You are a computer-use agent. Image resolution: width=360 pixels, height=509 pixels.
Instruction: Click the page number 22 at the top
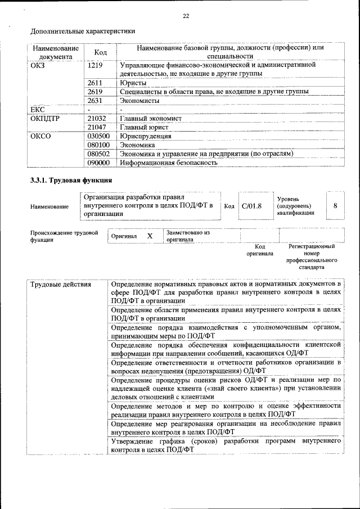pyautogui.click(x=186, y=16)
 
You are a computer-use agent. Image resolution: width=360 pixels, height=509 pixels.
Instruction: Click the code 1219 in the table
pyautogui.click(x=96, y=65)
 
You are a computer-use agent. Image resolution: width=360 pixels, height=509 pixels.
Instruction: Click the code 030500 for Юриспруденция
pyautogui.click(x=99, y=136)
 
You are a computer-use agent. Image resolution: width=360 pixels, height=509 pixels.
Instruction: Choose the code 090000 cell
pyautogui.click(x=99, y=163)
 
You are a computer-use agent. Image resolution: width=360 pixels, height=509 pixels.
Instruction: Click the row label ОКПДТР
pyautogui.click(x=45, y=118)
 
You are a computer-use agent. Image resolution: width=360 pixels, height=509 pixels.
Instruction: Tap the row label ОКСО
pyautogui.click(x=40, y=136)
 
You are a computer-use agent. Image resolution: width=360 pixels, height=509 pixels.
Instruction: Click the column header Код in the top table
pyautogui.click(x=101, y=52)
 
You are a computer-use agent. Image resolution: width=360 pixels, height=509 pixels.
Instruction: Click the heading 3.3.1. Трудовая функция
pyautogui.click(x=71, y=181)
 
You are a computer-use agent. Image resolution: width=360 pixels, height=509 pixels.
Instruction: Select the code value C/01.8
pyautogui.click(x=251, y=206)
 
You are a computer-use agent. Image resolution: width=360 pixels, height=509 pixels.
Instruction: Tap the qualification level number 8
pyautogui.click(x=335, y=206)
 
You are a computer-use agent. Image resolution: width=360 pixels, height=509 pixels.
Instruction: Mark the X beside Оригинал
pyautogui.click(x=150, y=236)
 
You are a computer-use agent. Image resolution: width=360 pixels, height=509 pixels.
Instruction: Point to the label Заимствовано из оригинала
pyautogui.click(x=188, y=236)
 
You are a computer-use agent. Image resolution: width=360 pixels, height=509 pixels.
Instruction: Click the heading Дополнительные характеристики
pyautogui.click(x=83, y=31)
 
